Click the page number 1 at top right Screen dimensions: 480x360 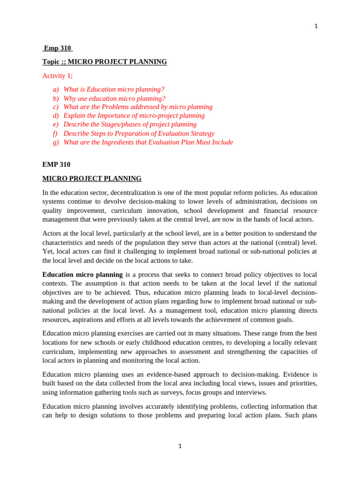(x=315, y=26)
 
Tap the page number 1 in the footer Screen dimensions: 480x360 (x=180, y=446)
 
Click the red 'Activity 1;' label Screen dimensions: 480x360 (x=57, y=75)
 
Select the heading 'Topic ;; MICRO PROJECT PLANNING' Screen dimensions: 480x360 (x=104, y=62)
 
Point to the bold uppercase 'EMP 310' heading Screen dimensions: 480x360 (x=56, y=165)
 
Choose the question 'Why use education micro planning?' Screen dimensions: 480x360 (x=114, y=98)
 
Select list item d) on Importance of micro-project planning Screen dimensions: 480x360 (x=134, y=115)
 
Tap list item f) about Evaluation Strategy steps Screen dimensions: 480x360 (x=139, y=134)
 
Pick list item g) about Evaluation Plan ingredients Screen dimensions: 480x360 (x=148, y=142)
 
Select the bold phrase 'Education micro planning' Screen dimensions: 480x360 (x=82, y=275)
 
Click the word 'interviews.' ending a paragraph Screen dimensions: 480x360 (x=250, y=392)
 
